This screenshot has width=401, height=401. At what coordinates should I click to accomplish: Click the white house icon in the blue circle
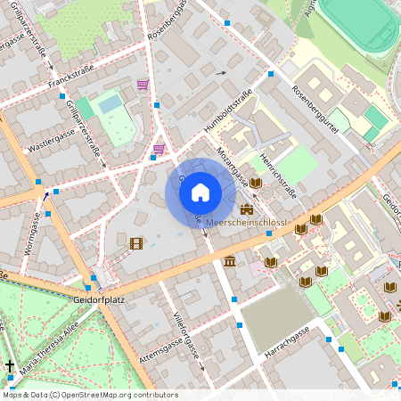200,192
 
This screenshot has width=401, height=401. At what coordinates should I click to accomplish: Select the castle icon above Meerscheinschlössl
246,209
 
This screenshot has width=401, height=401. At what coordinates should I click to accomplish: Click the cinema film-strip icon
135,242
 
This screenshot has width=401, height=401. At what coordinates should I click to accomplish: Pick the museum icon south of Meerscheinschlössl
231,261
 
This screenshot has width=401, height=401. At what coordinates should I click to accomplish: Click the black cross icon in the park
10,366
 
